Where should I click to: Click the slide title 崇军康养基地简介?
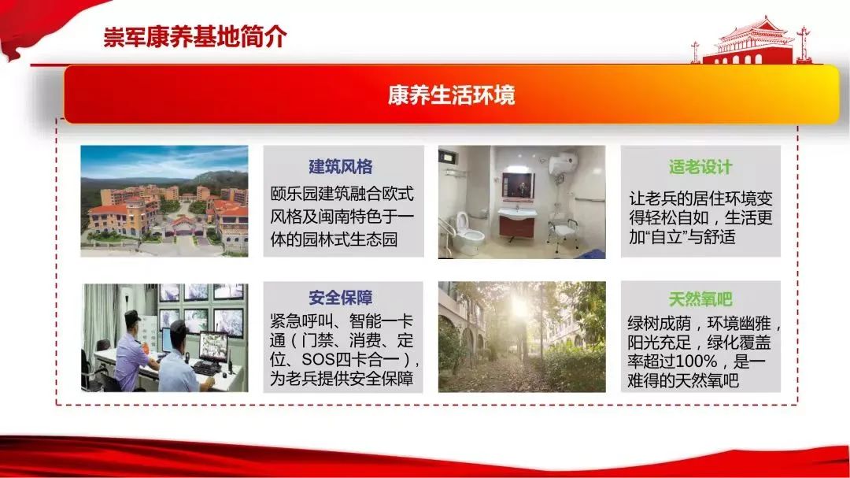coord(194,38)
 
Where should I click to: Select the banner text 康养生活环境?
coord(451,95)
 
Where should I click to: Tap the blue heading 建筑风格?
coord(341,167)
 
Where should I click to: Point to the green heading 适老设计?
coord(700,167)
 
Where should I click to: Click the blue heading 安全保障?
coord(341,298)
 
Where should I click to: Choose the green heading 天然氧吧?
coord(700,298)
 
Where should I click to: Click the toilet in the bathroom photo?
coord(468,233)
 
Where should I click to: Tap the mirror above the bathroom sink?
coord(518,185)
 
